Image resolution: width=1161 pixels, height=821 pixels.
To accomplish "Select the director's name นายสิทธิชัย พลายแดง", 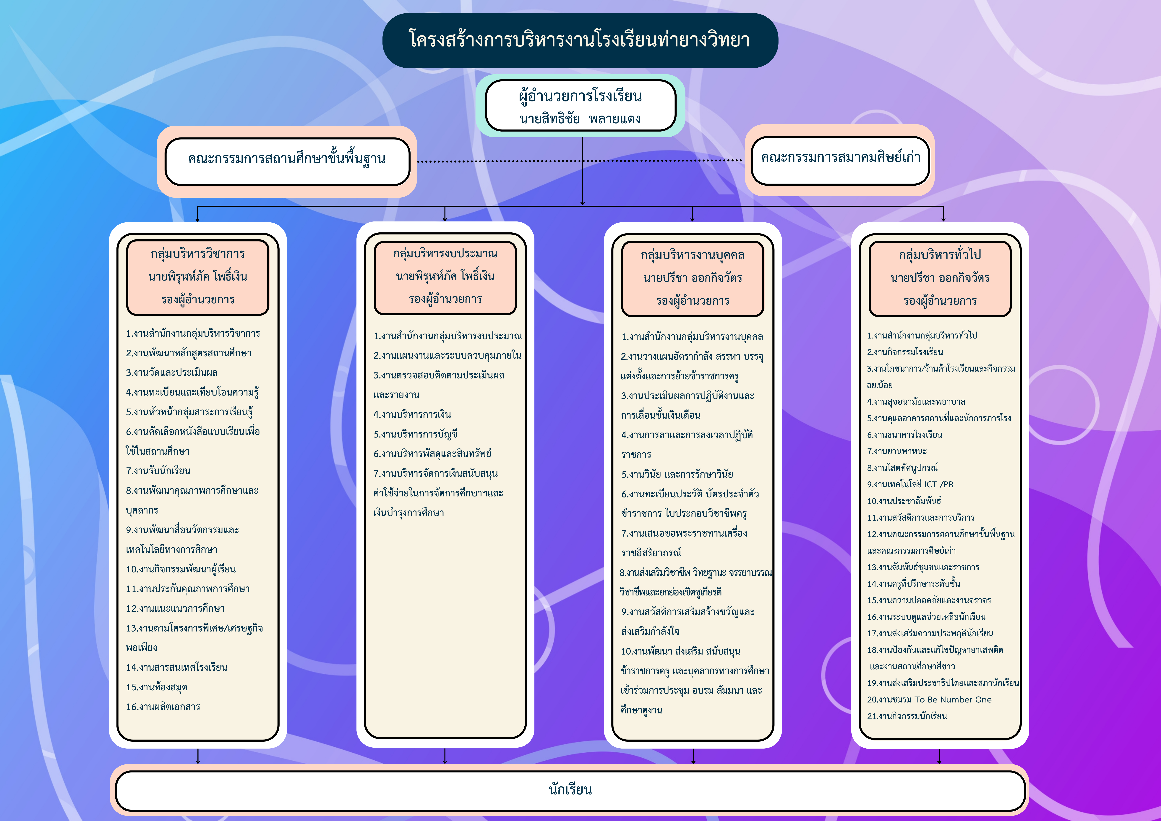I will coord(580,119).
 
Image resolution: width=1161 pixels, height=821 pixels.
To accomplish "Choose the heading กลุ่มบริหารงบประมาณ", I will coord(445,253).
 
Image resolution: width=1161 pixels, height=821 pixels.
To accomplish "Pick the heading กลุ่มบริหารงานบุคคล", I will coord(692,255).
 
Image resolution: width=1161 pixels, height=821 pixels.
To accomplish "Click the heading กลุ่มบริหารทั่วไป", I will coord(940,255).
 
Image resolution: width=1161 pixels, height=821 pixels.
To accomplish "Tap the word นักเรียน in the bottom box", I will coord(570,790).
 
